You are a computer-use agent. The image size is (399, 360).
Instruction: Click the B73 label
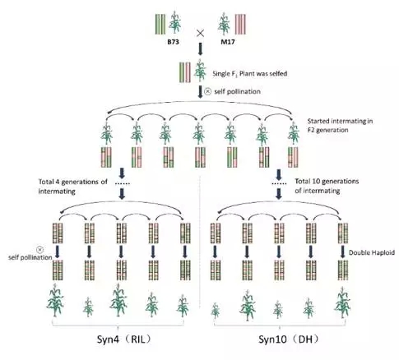[x=174, y=42]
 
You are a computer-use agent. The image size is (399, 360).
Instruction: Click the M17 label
[x=228, y=42]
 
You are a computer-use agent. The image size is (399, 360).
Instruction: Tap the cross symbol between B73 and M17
[x=201, y=34]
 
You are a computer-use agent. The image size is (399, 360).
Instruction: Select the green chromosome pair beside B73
[x=160, y=25]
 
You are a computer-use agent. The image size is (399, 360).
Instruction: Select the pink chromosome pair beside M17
[x=240, y=25]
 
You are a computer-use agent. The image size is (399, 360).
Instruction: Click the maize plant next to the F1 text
[x=200, y=71]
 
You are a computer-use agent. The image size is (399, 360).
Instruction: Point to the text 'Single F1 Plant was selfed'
[x=250, y=74]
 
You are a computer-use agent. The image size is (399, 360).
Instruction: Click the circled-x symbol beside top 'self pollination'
[x=208, y=91]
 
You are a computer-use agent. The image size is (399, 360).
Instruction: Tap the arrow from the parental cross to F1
[x=201, y=49]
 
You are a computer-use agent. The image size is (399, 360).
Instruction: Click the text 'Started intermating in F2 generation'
[x=340, y=125]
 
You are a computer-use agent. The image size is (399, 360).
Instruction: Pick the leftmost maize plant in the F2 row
[x=106, y=133]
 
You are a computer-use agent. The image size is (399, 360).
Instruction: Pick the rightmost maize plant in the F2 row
[x=294, y=133]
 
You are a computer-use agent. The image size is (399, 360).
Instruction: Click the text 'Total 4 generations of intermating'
[x=72, y=187]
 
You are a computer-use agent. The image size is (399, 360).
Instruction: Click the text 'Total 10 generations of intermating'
[x=327, y=186]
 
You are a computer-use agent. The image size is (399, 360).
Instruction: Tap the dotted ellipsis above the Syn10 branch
[x=279, y=183]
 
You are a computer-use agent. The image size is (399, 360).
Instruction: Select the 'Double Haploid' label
[x=372, y=252]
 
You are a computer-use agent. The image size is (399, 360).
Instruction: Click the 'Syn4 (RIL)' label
[x=124, y=339]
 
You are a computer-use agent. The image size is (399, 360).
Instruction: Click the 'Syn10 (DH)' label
[x=289, y=339]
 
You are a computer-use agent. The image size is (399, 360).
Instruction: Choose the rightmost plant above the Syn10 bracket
[x=342, y=302]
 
